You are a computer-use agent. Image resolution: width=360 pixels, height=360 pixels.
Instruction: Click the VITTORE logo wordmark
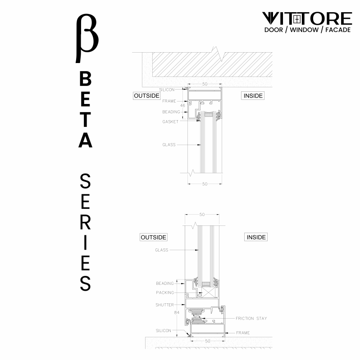tap(307, 18)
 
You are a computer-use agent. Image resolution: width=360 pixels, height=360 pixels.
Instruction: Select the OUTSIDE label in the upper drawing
tap(146, 96)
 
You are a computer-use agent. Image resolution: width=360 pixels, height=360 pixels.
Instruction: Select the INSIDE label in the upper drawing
tap(253, 96)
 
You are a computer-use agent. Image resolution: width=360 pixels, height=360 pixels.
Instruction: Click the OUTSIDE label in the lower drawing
tap(153, 237)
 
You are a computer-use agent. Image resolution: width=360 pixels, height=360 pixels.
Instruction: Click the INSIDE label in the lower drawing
tap(255, 237)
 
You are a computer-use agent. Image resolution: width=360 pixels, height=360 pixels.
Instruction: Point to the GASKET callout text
tap(170, 122)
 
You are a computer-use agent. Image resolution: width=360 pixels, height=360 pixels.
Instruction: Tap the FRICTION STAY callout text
tap(251, 319)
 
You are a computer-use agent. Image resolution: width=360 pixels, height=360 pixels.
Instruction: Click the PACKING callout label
tap(165, 292)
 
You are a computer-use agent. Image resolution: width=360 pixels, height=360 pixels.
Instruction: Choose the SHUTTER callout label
tap(164, 305)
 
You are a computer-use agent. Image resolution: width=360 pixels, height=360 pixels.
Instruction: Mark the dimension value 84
tap(177, 311)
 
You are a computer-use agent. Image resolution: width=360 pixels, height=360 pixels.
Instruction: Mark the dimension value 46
tap(182, 106)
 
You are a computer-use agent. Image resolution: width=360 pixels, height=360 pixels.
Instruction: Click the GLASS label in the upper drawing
tap(169, 145)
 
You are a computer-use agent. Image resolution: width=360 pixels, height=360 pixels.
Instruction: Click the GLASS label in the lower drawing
tap(161, 250)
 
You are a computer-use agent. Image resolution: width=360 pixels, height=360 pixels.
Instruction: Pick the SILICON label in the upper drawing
tap(167, 90)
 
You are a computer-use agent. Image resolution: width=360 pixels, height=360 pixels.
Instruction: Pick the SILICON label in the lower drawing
tap(164, 331)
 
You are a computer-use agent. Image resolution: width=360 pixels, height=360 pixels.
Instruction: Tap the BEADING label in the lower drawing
tap(164, 283)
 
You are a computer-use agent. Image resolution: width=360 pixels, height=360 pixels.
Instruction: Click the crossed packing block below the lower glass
tap(208, 292)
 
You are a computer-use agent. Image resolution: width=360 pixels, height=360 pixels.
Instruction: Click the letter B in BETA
tap(86, 80)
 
